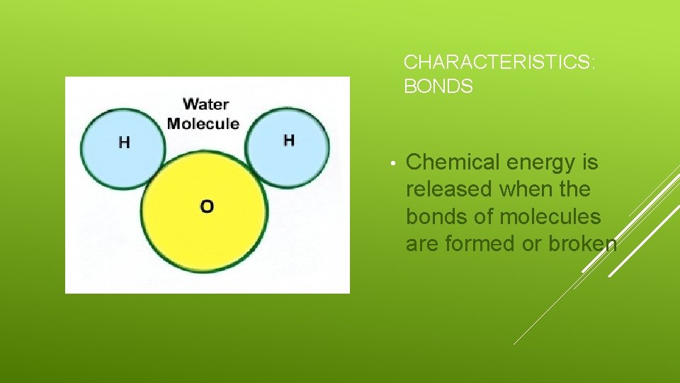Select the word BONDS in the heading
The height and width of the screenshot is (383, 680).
point(438,87)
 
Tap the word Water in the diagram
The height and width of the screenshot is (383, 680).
point(205,104)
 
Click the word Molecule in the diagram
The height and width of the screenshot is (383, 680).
point(203,123)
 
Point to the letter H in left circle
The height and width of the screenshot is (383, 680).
point(124,143)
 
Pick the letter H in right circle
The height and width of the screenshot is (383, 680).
point(288,140)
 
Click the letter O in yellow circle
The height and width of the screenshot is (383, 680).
point(206,206)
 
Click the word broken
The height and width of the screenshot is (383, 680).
point(582,243)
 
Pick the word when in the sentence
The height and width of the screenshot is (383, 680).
point(525,189)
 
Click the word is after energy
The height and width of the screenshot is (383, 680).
point(590,162)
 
